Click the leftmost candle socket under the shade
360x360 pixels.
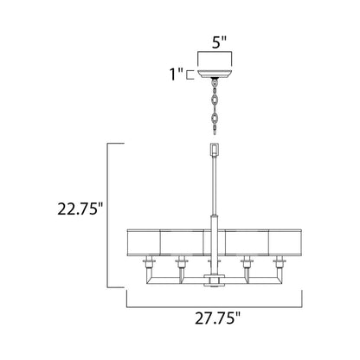[x=151, y=262]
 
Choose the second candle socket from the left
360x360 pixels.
[x=182, y=262]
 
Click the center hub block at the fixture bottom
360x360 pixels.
[x=211, y=280]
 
